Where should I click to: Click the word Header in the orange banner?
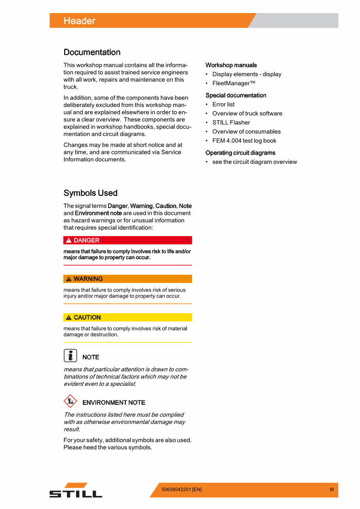79,21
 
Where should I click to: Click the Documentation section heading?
92,52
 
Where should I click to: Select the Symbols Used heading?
90,193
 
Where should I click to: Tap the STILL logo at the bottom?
76,490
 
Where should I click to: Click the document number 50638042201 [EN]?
181,490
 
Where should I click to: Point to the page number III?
331,490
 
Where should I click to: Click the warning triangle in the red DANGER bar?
69,241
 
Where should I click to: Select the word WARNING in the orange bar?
88,279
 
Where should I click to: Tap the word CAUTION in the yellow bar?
87,317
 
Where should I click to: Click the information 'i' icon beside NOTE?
70,356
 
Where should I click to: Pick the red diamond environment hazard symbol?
70,401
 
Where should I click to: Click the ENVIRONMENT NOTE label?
114,403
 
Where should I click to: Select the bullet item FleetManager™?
234,83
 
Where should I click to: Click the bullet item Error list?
223,104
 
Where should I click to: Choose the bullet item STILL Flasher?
231,123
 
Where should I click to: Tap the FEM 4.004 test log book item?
244,141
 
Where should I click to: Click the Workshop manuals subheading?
231,65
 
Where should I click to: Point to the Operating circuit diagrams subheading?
240,153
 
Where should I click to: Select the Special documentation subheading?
236,95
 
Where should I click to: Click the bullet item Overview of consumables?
246,132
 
